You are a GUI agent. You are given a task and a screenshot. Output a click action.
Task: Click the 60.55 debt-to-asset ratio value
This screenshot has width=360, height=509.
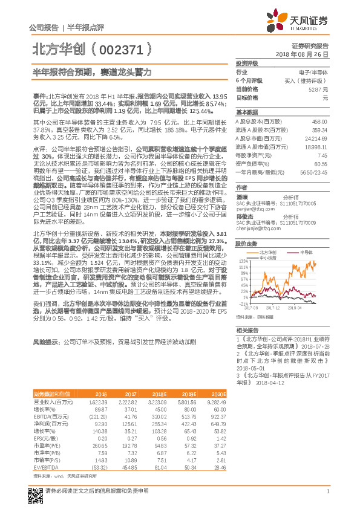coord(320,163)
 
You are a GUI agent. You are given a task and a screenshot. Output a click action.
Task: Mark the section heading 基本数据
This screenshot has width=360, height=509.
coord(246,112)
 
